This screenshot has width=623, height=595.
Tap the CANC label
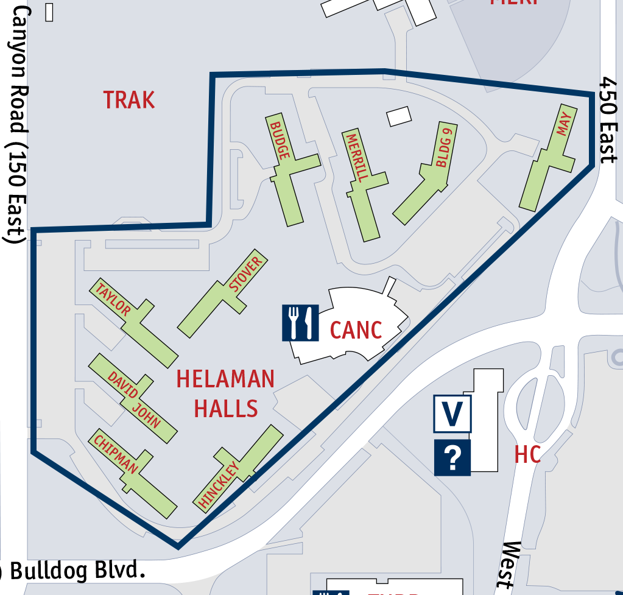(356, 330)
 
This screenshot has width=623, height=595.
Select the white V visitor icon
(452, 414)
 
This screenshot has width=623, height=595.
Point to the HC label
(527, 454)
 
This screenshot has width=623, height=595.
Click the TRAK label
(129, 100)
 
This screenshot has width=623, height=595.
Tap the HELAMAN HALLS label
(225, 393)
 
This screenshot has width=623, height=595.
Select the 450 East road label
(608, 120)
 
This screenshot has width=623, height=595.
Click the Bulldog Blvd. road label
(76, 571)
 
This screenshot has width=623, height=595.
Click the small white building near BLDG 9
(399, 116)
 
